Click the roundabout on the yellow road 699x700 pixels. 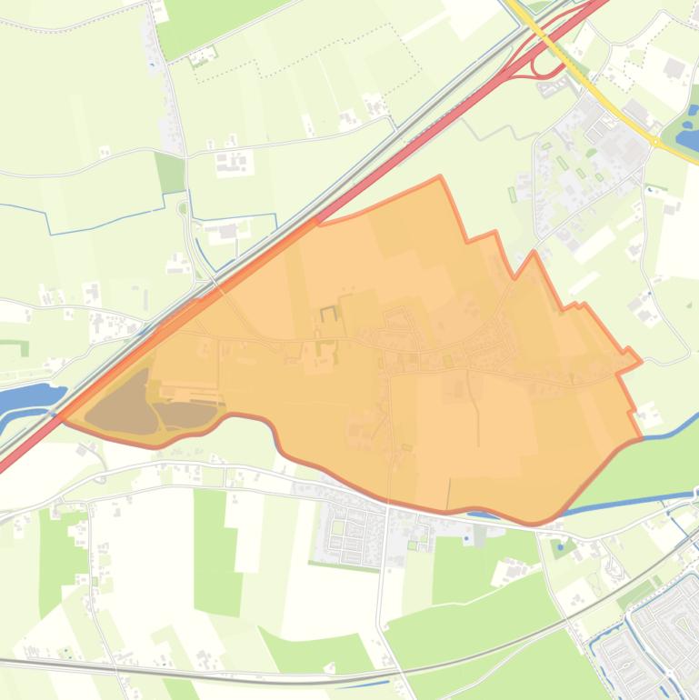[655, 141]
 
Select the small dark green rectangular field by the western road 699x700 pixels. [169, 172]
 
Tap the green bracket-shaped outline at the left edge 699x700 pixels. [18, 346]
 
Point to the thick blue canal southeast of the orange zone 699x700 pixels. [627, 502]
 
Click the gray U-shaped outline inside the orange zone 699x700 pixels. [328, 314]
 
